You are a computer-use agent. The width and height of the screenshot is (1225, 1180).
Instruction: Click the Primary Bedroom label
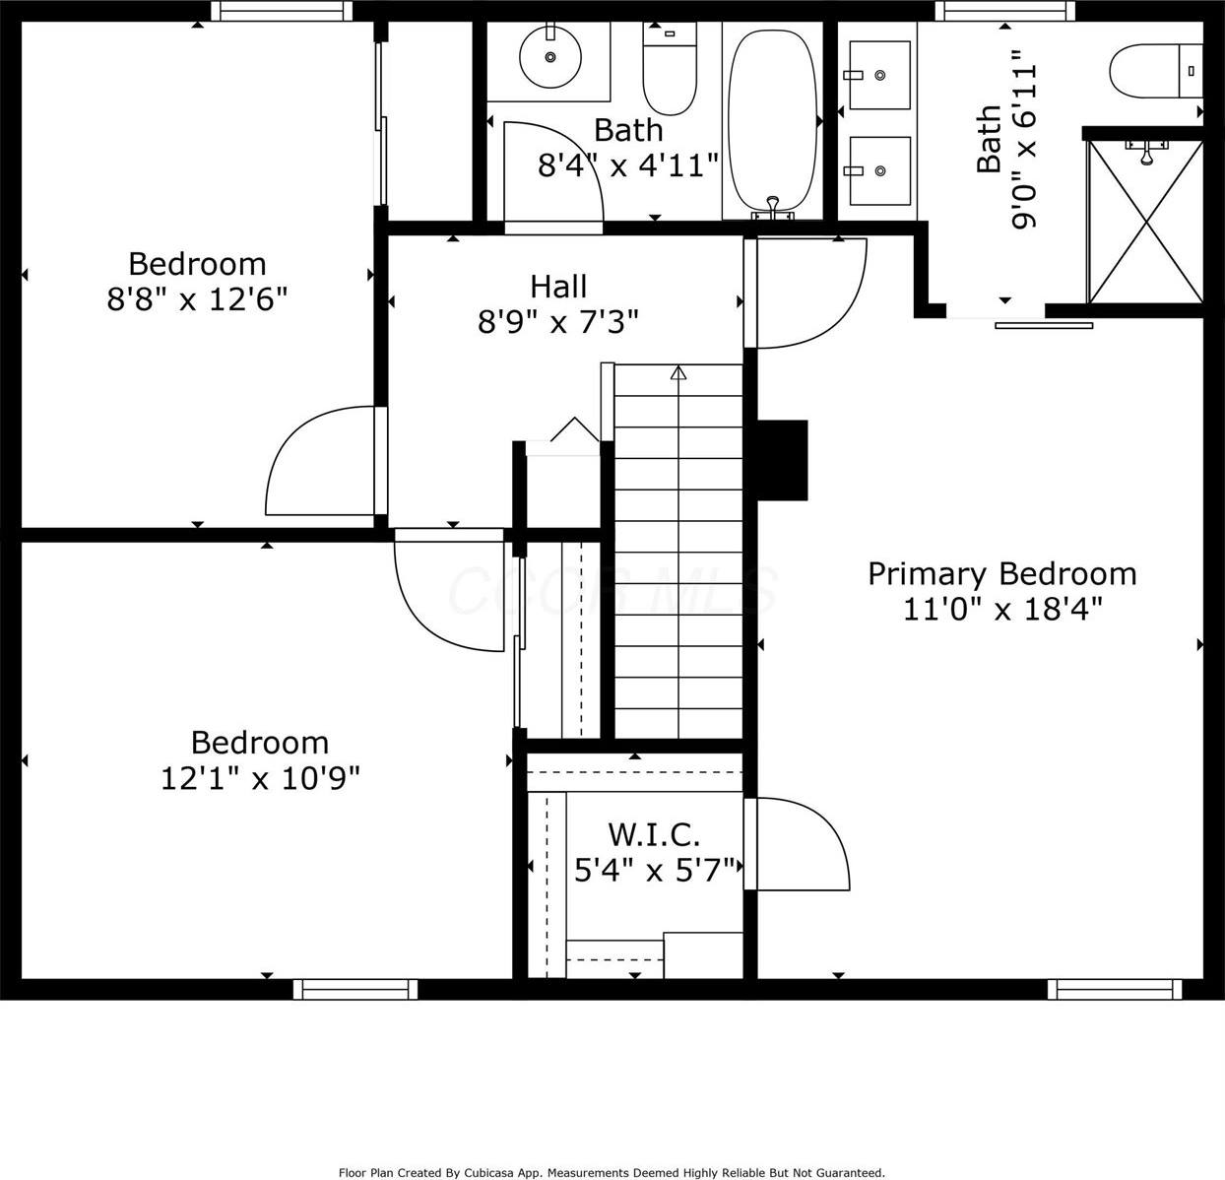coord(1001,573)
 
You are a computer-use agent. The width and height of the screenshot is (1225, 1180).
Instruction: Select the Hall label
coord(558,287)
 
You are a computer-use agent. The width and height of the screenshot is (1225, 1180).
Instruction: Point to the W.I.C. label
coord(654,834)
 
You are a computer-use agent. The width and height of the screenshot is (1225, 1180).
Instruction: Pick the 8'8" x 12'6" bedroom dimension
coord(197,299)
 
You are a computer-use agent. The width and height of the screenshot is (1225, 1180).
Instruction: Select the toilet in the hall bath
coord(670,69)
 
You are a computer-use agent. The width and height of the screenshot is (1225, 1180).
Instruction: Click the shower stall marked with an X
coord(1145,222)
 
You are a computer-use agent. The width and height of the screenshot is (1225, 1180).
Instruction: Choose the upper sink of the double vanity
coord(879,75)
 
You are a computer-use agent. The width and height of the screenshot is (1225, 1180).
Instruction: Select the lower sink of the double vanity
coord(879,170)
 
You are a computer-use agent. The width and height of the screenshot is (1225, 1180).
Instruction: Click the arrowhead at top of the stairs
coord(678,372)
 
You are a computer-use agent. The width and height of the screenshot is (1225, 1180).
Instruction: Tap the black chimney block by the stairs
coord(782,460)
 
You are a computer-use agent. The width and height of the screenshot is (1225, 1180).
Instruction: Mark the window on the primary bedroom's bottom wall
coord(1114,989)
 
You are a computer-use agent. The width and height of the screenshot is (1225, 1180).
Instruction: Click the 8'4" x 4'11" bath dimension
coord(627,165)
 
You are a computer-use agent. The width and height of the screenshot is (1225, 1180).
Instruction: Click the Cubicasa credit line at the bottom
coord(612,1172)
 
